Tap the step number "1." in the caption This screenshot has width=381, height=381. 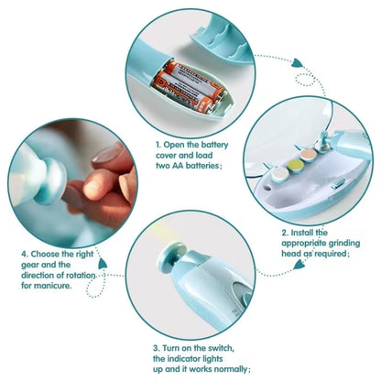(158, 143)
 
